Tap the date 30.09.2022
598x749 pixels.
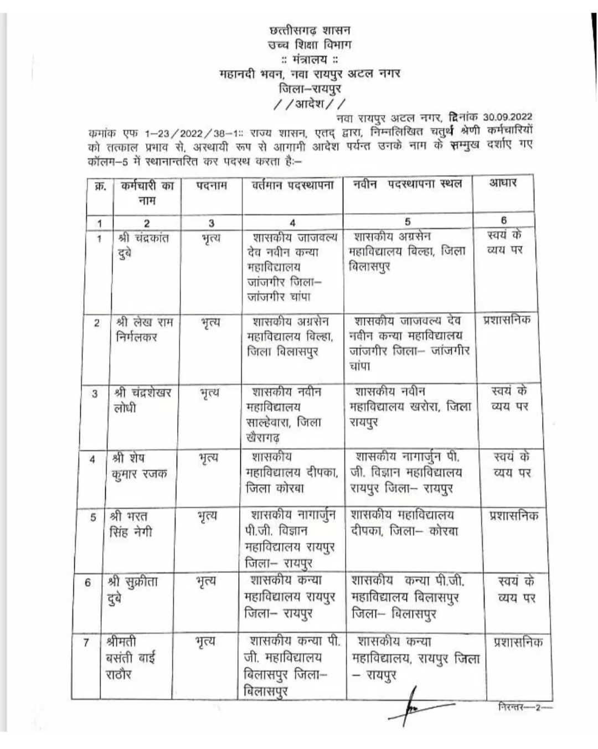[x=507, y=116]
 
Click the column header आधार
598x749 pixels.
[x=503, y=183]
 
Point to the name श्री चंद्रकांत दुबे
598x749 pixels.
[x=143, y=246]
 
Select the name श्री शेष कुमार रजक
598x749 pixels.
[x=138, y=467]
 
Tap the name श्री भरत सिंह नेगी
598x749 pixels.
[x=131, y=524]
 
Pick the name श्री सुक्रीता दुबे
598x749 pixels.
[x=132, y=590]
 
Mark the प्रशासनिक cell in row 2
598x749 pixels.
[x=506, y=320]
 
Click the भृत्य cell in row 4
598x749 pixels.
[x=208, y=459]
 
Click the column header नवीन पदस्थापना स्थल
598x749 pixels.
[x=407, y=184]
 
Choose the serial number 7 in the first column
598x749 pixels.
[x=86, y=643]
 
